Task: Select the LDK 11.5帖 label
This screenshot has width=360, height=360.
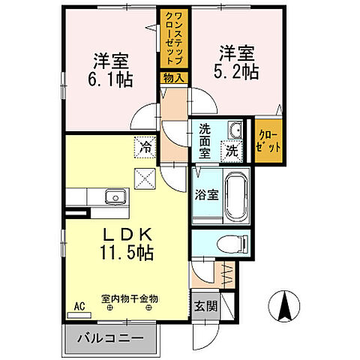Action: (124, 241)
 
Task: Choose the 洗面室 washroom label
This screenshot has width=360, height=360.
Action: (205, 139)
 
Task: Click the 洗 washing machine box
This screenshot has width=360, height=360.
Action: (232, 148)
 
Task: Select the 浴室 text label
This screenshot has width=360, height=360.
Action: (206, 195)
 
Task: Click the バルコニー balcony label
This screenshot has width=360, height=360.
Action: (110, 339)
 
